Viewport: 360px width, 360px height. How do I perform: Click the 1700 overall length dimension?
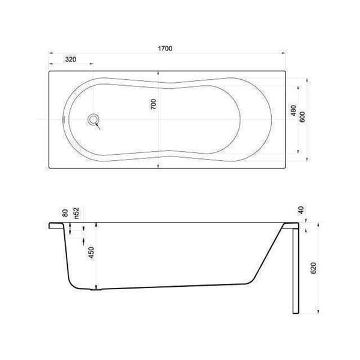click(x=165, y=49)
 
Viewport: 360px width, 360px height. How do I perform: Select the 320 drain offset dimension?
click(x=71, y=59)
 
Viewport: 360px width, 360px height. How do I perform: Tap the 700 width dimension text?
click(x=153, y=104)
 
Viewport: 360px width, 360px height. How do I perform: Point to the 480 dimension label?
click(x=293, y=110)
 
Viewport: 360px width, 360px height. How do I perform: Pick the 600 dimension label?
click(x=302, y=117)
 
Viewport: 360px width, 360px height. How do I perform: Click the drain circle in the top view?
click(x=94, y=119)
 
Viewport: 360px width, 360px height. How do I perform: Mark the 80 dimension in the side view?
click(x=65, y=213)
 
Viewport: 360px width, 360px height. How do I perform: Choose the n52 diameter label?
click(x=76, y=213)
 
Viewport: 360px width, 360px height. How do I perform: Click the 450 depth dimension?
click(x=91, y=253)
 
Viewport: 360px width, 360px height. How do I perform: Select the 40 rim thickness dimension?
click(x=301, y=210)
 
